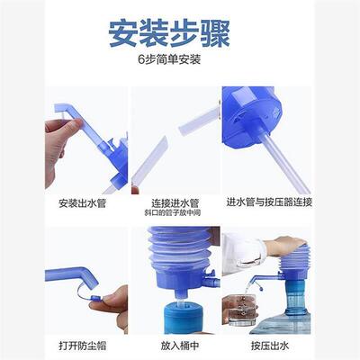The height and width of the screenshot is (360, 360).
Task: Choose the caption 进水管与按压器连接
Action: point(268,202)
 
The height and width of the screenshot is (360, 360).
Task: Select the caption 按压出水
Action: point(268,346)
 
